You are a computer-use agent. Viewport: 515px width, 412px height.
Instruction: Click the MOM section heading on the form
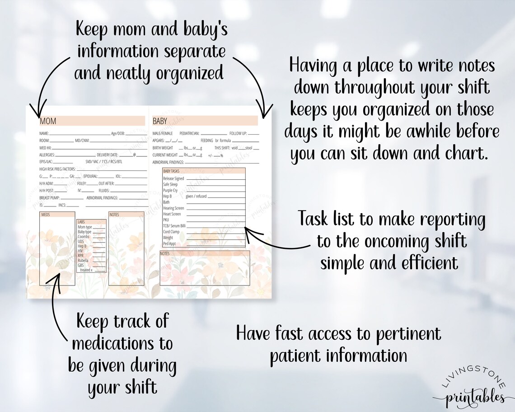tap(48, 121)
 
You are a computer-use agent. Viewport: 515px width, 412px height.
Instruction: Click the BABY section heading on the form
tap(160, 121)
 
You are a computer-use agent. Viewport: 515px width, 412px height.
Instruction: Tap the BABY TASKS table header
tap(171, 171)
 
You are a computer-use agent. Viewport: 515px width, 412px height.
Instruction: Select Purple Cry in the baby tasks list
tap(171, 191)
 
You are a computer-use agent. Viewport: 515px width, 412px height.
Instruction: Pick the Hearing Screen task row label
tap(173, 208)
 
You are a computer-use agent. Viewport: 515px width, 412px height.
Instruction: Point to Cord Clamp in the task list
tap(171, 232)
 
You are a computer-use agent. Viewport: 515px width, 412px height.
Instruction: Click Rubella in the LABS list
tap(83, 260)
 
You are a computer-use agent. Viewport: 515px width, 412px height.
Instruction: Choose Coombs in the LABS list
tap(83, 236)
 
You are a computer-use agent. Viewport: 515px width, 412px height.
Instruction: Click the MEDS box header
tap(46, 215)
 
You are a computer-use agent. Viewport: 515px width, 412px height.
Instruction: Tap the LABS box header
tap(81, 222)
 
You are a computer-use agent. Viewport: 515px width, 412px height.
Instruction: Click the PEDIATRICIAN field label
tap(190, 134)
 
